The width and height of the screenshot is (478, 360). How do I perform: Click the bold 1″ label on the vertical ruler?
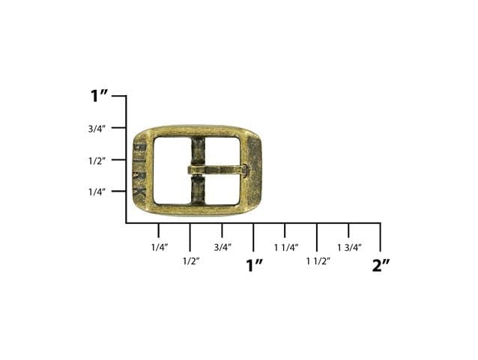[99, 96]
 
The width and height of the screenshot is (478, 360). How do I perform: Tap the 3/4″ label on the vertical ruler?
[97, 129]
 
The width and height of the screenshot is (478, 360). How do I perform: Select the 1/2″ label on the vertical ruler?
[97, 161]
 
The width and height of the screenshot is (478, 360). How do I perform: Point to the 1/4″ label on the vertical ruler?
[97, 192]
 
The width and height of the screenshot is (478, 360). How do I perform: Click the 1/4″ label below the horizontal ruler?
[160, 247]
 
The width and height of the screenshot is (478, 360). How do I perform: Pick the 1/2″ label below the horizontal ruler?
[191, 261]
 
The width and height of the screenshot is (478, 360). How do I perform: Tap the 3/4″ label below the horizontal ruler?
[223, 247]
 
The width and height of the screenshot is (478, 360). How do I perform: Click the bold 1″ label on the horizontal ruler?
[254, 265]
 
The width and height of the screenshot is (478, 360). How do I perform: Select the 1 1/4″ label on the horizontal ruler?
[286, 248]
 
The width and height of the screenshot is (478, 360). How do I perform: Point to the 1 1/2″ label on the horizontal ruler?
[318, 261]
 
